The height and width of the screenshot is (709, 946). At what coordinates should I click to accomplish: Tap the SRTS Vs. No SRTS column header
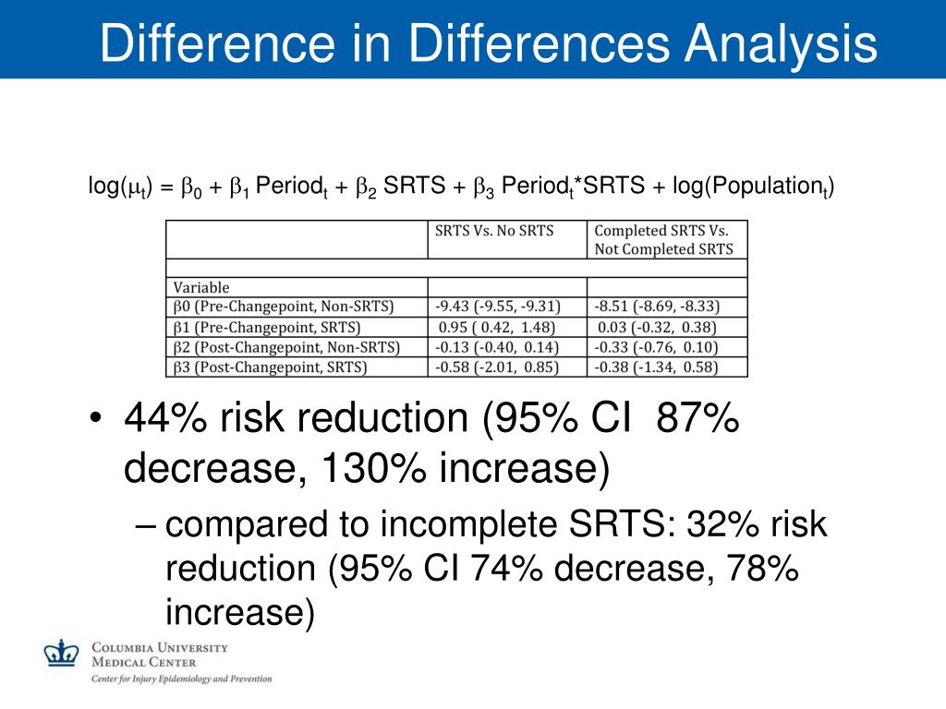click(494, 231)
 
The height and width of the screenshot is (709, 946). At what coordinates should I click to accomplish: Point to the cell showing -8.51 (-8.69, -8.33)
click(658, 306)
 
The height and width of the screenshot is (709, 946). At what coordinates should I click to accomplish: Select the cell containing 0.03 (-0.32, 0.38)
click(658, 327)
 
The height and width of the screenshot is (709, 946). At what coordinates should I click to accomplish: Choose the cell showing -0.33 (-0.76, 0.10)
click(658, 347)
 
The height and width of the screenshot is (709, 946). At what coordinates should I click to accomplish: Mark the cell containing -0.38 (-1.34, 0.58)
click(658, 367)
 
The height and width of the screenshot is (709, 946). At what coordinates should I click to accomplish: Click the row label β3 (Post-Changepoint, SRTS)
click(271, 367)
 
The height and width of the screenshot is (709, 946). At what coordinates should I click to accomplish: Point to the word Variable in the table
click(201, 287)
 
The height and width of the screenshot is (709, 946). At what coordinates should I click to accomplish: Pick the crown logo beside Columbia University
click(62, 653)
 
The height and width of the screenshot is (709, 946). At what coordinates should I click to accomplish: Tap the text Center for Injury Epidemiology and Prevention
click(181, 679)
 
